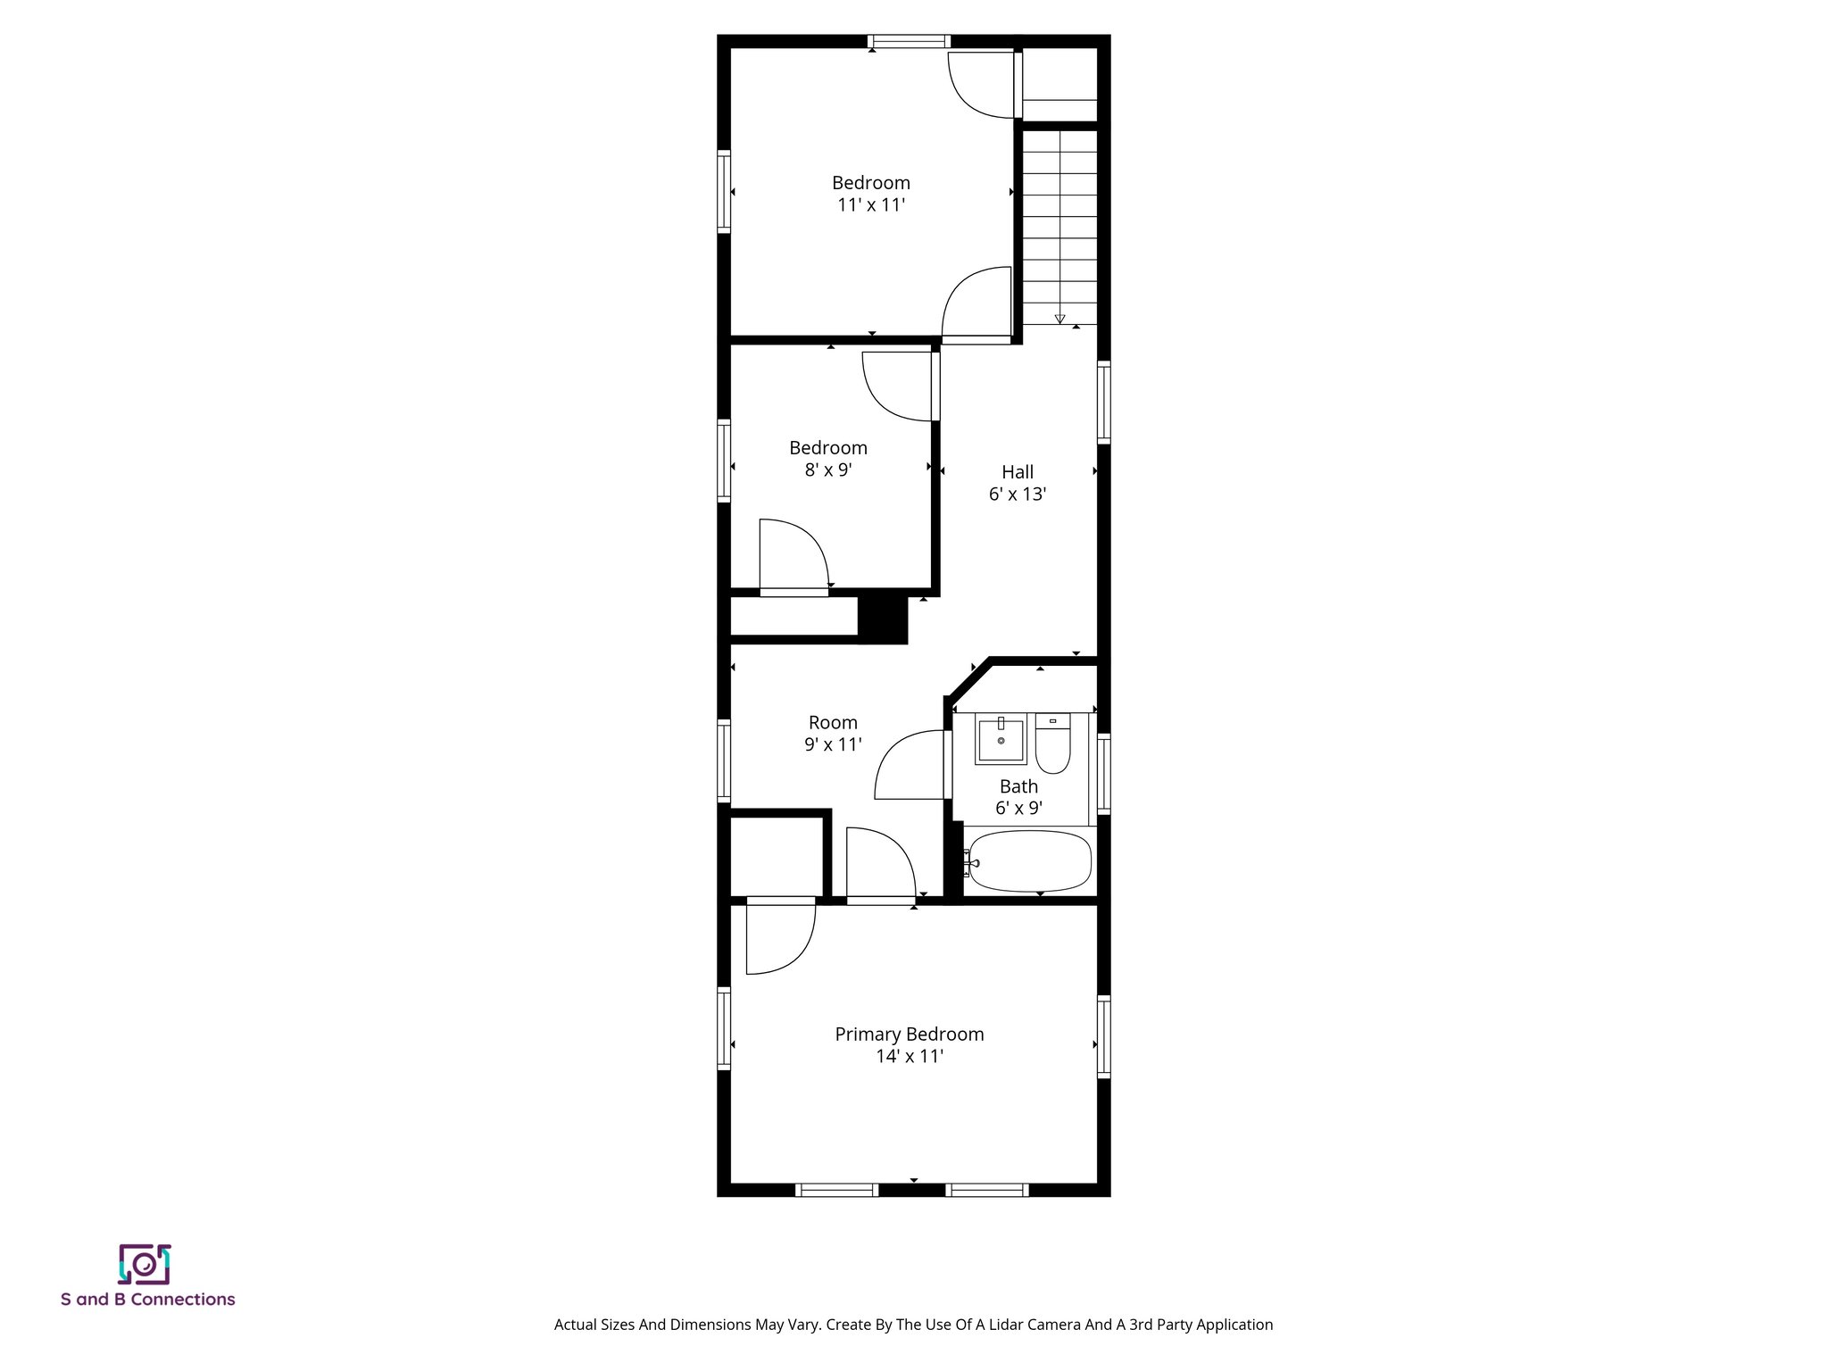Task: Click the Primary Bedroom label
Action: coord(909,1034)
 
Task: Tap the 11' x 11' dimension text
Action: coord(870,204)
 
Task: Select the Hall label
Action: coord(1017,471)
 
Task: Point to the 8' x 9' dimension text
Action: coord(827,469)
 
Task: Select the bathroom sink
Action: coord(1001,741)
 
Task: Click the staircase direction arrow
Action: coord(1059,318)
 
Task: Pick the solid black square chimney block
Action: coord(882,619)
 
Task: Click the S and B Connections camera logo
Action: coord(145,1264)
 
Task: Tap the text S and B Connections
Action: coord(148,1300)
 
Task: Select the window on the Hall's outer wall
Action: coord(1103,403)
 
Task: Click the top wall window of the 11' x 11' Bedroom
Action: coord(909,41)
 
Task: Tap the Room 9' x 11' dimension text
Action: coord(832,744)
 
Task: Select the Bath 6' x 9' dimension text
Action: coord(1018,809)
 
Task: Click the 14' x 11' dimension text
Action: coord(909,1056)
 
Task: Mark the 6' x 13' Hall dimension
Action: coord(1017,494)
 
